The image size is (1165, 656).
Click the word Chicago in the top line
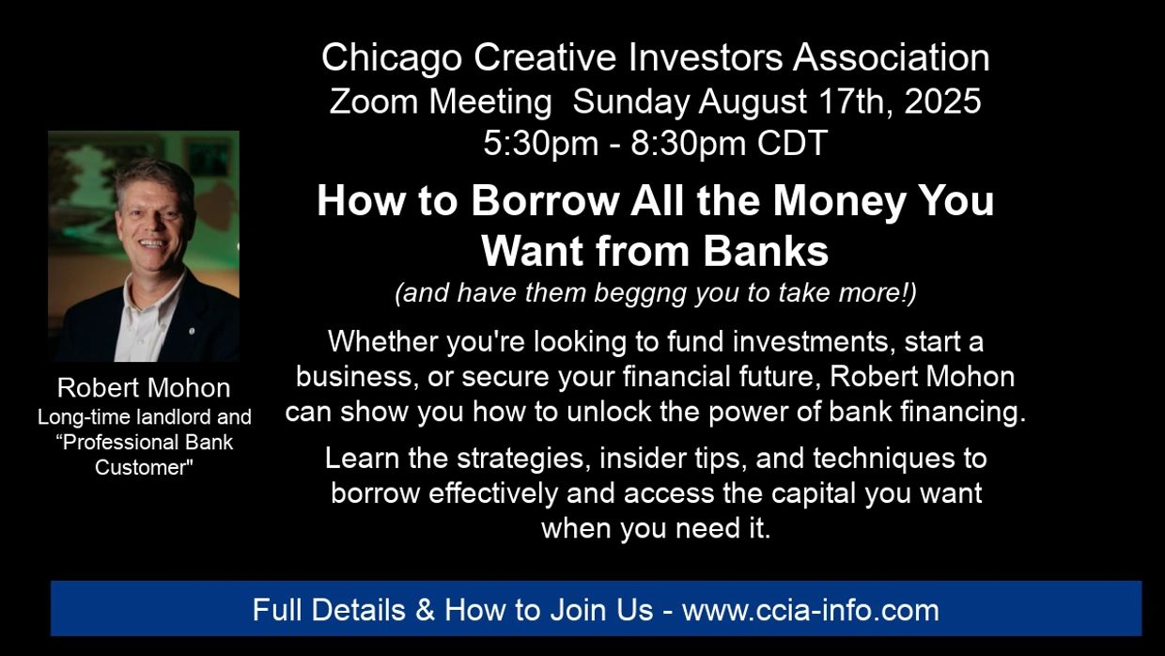pyautogui.click(x=392, y=58)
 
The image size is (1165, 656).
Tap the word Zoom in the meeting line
pyautogui.click(x=373, y=101)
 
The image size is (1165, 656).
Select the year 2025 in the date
pyautogui.click(x=942, y=101)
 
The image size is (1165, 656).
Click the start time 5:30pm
pyautogui.click(x=541, y=143)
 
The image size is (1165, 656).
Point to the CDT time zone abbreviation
pyautogui.click(x=792, y=143)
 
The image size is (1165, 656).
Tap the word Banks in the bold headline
pyautogui.click(x=766, y=252)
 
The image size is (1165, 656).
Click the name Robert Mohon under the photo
pyautogui.click(x=144, y=387)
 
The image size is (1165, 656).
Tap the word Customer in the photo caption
pyautogui.click(x=144, y=468)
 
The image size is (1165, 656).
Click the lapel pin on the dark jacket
pyautogui.click(x=192, y=331)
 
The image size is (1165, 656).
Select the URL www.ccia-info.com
pyautogui.click(x=810, y=610)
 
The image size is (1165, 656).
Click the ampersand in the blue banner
pyautogui.click(x=425, y=610)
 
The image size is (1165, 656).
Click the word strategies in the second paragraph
pyautogui.click(x=523, y=460)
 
